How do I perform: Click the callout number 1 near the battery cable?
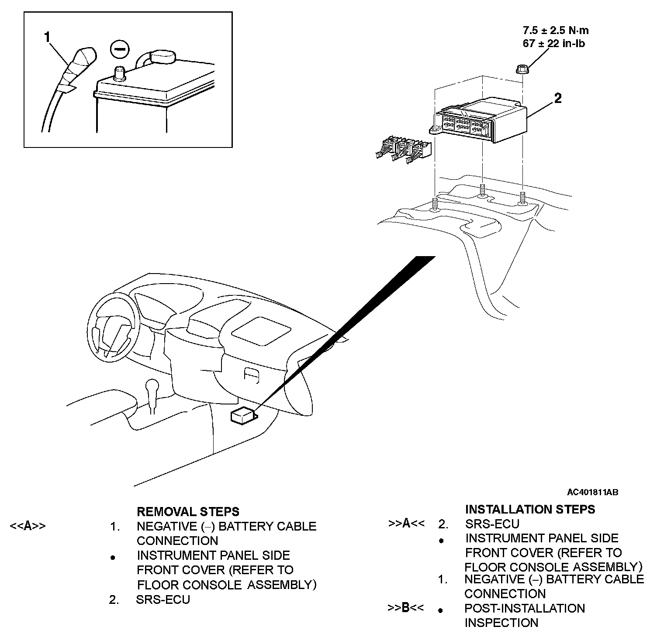[x=48, y=37]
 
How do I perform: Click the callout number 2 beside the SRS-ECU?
[x=558, y=99]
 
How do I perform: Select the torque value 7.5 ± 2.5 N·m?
[x=556, y=30]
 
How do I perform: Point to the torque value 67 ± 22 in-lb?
[x=554, y=43]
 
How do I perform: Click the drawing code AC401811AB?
[x=592, y=492]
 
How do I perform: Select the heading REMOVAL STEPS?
[x=188, y=511]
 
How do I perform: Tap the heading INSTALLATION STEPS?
[x=530, y=509]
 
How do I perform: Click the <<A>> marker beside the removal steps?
[x=28, y=526]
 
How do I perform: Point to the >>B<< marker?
[x=405, y=608]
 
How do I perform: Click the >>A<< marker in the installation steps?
[x=406, y=524]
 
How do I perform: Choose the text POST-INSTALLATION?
[x=524, y=608]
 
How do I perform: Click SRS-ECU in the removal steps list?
[x=163, y=599]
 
